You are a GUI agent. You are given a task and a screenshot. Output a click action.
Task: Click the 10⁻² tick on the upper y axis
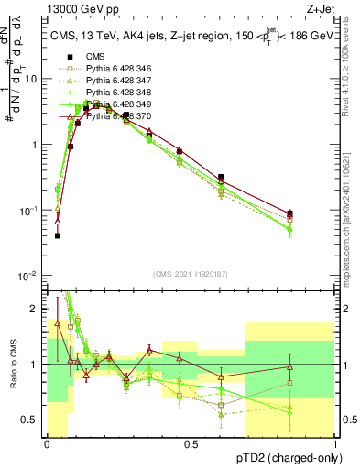[29, 276]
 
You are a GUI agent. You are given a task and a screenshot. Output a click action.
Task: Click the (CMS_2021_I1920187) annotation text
[191, 272]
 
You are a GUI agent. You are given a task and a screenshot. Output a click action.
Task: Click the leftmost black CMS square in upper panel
[57, 235]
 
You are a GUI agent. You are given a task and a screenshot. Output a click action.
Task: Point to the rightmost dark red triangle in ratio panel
[289, 366]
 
